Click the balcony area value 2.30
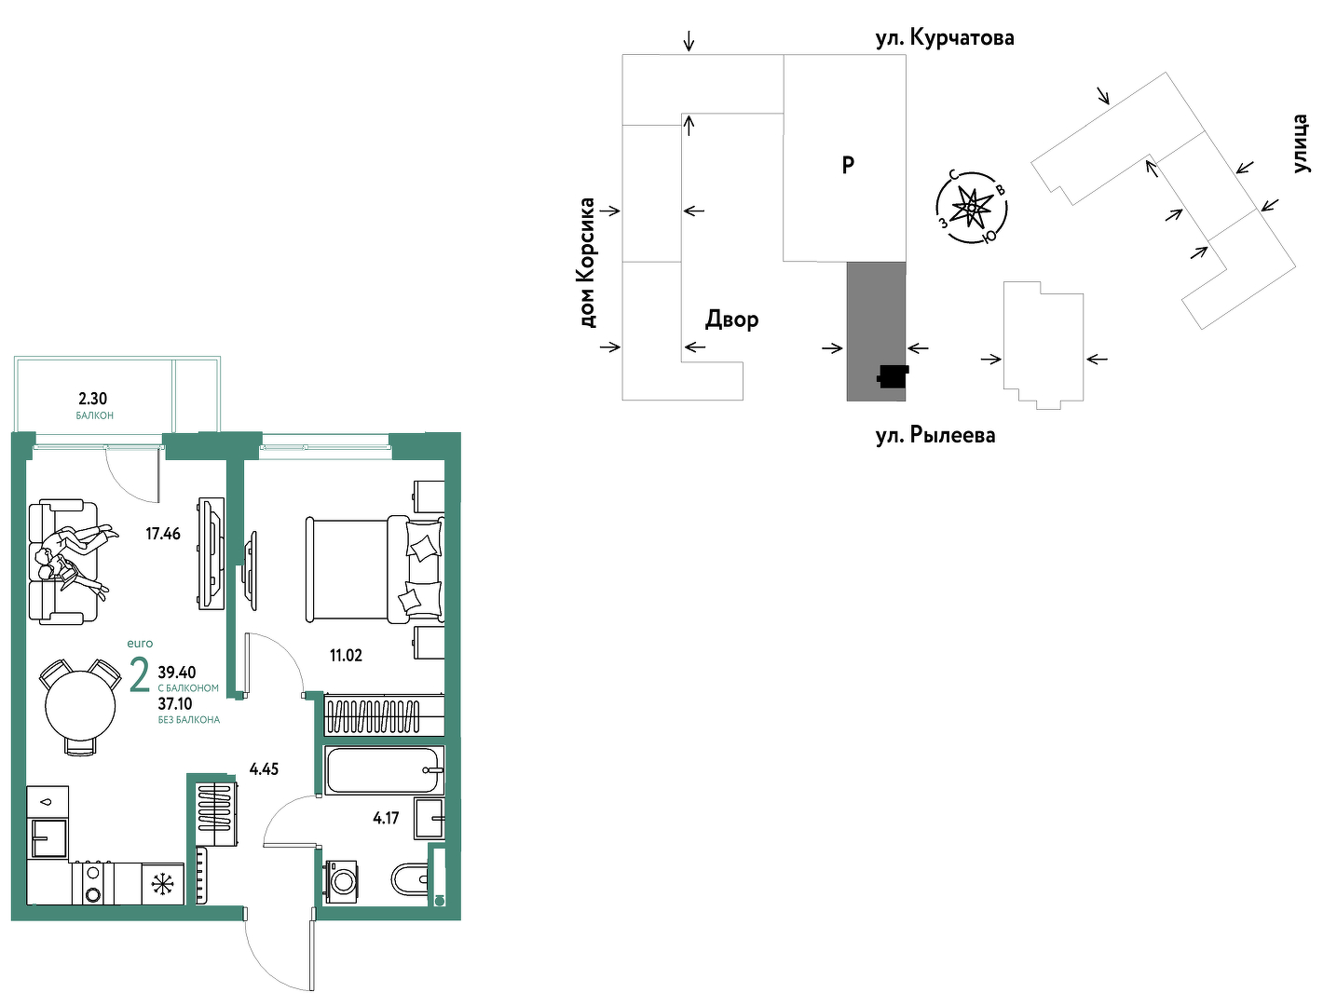(92, 399)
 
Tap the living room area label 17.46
(163, 534)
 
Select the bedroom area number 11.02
(346, 655)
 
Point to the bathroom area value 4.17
(386, 818)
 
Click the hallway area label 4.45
(264, 769)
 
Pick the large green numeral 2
(140, 676)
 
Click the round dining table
(80, 706)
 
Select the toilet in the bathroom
(411, 880)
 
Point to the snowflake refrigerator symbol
(163, 884)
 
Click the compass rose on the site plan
(972, 208)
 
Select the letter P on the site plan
(848, 165)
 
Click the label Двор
(732, 319)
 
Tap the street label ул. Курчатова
(945, 38)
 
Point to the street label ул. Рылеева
(935, 435)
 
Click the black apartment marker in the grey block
(893, 376)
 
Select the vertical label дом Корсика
(587, 263)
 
